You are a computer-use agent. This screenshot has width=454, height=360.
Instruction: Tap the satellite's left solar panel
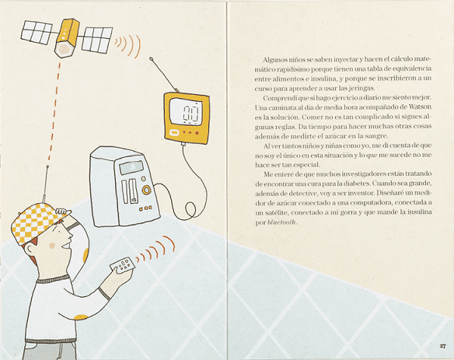pos(37,32)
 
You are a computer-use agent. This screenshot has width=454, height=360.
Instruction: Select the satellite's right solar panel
pos(97,40)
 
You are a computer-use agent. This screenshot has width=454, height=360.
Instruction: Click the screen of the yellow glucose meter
pos(186,112)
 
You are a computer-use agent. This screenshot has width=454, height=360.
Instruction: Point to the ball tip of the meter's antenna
pos(151,58)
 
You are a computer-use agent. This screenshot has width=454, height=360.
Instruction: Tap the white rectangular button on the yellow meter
pos(174,133)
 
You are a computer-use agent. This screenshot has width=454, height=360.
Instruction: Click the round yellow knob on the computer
pos(146,190)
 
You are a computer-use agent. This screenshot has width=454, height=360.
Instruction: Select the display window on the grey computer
pos(131,167)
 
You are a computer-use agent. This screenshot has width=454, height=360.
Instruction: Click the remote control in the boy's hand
pos(123,265)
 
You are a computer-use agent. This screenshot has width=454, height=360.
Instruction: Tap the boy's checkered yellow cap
pos(37,222)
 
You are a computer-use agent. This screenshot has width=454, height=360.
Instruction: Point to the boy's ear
pos(30,249)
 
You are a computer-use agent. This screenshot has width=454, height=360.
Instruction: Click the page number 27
pos(442,346)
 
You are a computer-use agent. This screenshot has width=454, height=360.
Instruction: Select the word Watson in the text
pos(420,107)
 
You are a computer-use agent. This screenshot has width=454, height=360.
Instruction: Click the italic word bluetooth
pos(282,222)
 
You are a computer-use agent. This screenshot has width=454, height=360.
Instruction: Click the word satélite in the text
pos(276,212)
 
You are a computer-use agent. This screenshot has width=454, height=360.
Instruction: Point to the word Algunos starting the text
pos(275,60)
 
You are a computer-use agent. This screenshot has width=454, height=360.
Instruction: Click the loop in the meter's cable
pos(190,209)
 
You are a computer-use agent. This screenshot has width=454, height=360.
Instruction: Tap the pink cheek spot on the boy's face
pos(52,246)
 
